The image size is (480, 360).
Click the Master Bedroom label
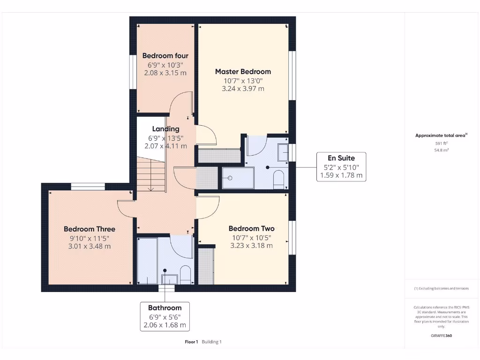tap(243, 72)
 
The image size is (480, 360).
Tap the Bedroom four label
tap(165, 56)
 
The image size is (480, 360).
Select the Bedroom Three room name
tap(90, 229)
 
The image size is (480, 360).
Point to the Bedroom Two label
tap(251, 228)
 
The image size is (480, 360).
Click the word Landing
tap(165, 129)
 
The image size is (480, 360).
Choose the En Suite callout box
tap(341, 167)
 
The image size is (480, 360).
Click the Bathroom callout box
tap(165, 316)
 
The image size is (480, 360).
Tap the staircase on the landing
tap(150, 174)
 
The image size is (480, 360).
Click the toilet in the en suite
tap(278, 179)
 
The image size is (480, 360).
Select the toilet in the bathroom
tap(186, 275)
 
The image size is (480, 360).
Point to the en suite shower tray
tap(237, 178)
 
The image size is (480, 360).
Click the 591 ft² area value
tap(441, 144)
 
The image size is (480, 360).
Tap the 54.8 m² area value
tap(441, 150)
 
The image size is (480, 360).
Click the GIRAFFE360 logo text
tap(441, 336)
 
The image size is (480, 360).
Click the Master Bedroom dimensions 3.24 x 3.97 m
tap(243, 89)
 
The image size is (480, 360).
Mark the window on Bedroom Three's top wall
tap(88, 187)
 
